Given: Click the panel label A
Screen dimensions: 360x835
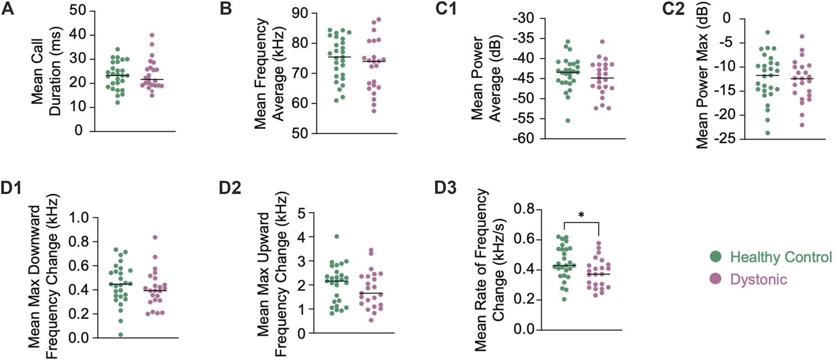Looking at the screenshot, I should (x=8, y=9).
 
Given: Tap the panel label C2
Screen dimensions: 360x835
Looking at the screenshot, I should (x=673, y=9).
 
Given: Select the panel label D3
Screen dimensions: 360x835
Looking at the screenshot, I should (x=445, y=188).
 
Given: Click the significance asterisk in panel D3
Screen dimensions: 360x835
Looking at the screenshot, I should (x=581, y=215).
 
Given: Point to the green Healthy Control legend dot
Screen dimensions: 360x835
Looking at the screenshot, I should (x=716, y=257).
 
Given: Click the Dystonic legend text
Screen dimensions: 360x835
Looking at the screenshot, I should (x=758, y=279).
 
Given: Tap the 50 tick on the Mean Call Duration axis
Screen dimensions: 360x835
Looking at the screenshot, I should (x=78, y=10).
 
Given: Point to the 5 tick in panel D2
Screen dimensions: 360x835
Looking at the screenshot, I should (x=302, y=213).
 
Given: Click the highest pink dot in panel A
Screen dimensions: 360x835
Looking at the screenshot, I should (x=152, y=35).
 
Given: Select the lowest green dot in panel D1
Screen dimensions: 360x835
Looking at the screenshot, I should (x=121, y=335).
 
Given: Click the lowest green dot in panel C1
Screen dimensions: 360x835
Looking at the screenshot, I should (x=568, y=121).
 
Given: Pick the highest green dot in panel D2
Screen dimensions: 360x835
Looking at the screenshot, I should (x=336, y=237).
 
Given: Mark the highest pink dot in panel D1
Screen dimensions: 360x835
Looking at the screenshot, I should (x=155, y=237).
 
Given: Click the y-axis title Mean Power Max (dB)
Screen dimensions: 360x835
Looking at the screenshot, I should (x=702, y=80).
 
